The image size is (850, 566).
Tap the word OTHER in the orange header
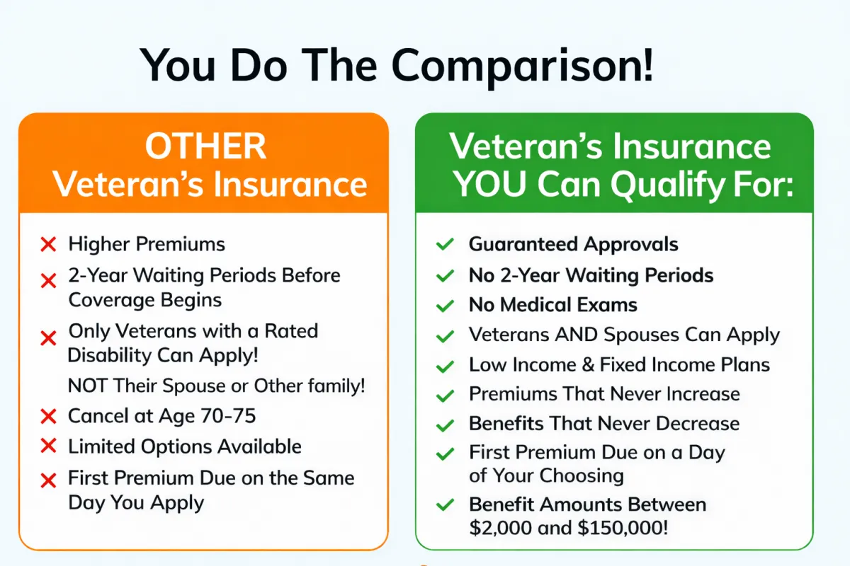pos(205,146)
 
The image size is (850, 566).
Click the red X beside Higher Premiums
pos(48,244)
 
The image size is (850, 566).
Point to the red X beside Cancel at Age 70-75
pos(48,416)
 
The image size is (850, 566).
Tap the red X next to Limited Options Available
pos(48,446)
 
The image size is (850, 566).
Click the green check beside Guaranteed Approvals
pos(445,244)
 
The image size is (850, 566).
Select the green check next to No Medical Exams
pos(445,306)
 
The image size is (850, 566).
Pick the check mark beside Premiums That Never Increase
pos(445,395)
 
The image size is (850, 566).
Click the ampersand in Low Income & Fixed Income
pos(588,364)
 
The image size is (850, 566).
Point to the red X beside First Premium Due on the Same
pos(48,480)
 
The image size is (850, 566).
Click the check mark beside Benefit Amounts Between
pos(445,505)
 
